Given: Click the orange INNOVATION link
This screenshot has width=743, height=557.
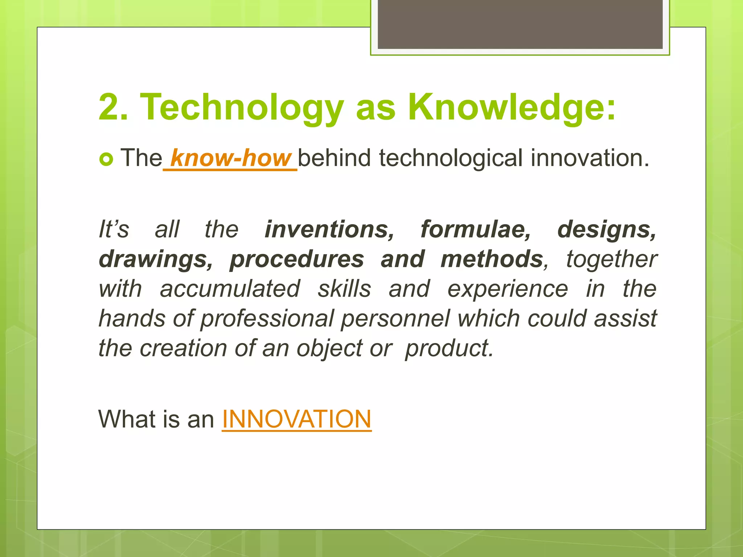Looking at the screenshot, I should (296, 419).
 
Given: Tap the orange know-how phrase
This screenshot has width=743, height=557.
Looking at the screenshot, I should (231, 158).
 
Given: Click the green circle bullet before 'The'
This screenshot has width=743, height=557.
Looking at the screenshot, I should (106, 159).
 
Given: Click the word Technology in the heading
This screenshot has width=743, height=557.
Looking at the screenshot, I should (242, 107).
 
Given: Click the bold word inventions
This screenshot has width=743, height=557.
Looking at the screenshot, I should (329, 230).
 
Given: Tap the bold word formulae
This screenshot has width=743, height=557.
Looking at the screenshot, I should (476, 230).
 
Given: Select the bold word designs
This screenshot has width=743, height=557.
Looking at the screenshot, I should (607, 230).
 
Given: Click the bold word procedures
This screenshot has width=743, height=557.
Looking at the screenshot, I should (297, 260).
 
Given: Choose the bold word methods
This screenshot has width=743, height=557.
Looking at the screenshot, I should (492, 260).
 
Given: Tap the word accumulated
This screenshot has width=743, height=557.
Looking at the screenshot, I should (230, 289).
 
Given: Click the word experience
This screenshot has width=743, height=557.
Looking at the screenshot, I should (508, 289).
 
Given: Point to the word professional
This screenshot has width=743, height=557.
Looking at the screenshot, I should (267, 319).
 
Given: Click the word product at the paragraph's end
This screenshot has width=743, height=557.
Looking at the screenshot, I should (449, 348).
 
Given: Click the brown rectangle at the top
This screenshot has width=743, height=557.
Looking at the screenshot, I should (520, 24).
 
